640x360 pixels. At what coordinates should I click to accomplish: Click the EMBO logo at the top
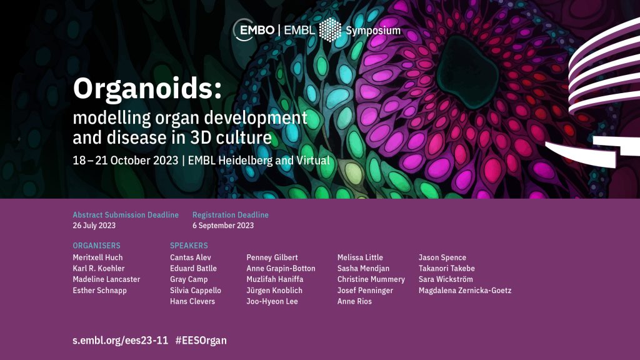coord(254,30)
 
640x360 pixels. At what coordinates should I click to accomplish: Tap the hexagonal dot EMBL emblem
coord(330,30)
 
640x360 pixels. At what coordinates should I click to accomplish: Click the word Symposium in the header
coord(373,31)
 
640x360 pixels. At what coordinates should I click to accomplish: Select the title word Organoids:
coord(147,89)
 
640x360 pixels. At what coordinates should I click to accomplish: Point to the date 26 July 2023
coord(94,225)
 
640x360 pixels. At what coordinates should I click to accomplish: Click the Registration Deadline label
coord(230,215)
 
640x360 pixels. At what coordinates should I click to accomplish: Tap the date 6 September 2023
coord(223,225)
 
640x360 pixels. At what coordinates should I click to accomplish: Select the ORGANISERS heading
coord(96,245)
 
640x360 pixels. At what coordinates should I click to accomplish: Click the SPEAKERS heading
coord(189,245)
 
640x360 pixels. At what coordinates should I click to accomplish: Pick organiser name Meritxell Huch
coord(97,257)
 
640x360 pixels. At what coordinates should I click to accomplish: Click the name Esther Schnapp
coord(99,291)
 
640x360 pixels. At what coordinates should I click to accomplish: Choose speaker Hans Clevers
coord(192,302)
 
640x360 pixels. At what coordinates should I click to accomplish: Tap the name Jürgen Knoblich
coord(274,291)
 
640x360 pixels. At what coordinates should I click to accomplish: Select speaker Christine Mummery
coord(371,279)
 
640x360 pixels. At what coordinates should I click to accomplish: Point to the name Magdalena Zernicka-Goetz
coord(465,291)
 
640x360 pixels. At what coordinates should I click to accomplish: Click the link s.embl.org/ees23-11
coord(121,341)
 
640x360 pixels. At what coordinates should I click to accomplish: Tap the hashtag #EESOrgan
coord(201,341)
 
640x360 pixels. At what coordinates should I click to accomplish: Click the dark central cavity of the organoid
coord(467,71)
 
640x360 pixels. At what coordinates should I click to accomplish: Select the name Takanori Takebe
coord(446,269)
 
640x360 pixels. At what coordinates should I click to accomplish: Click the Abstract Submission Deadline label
coord(126,215)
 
